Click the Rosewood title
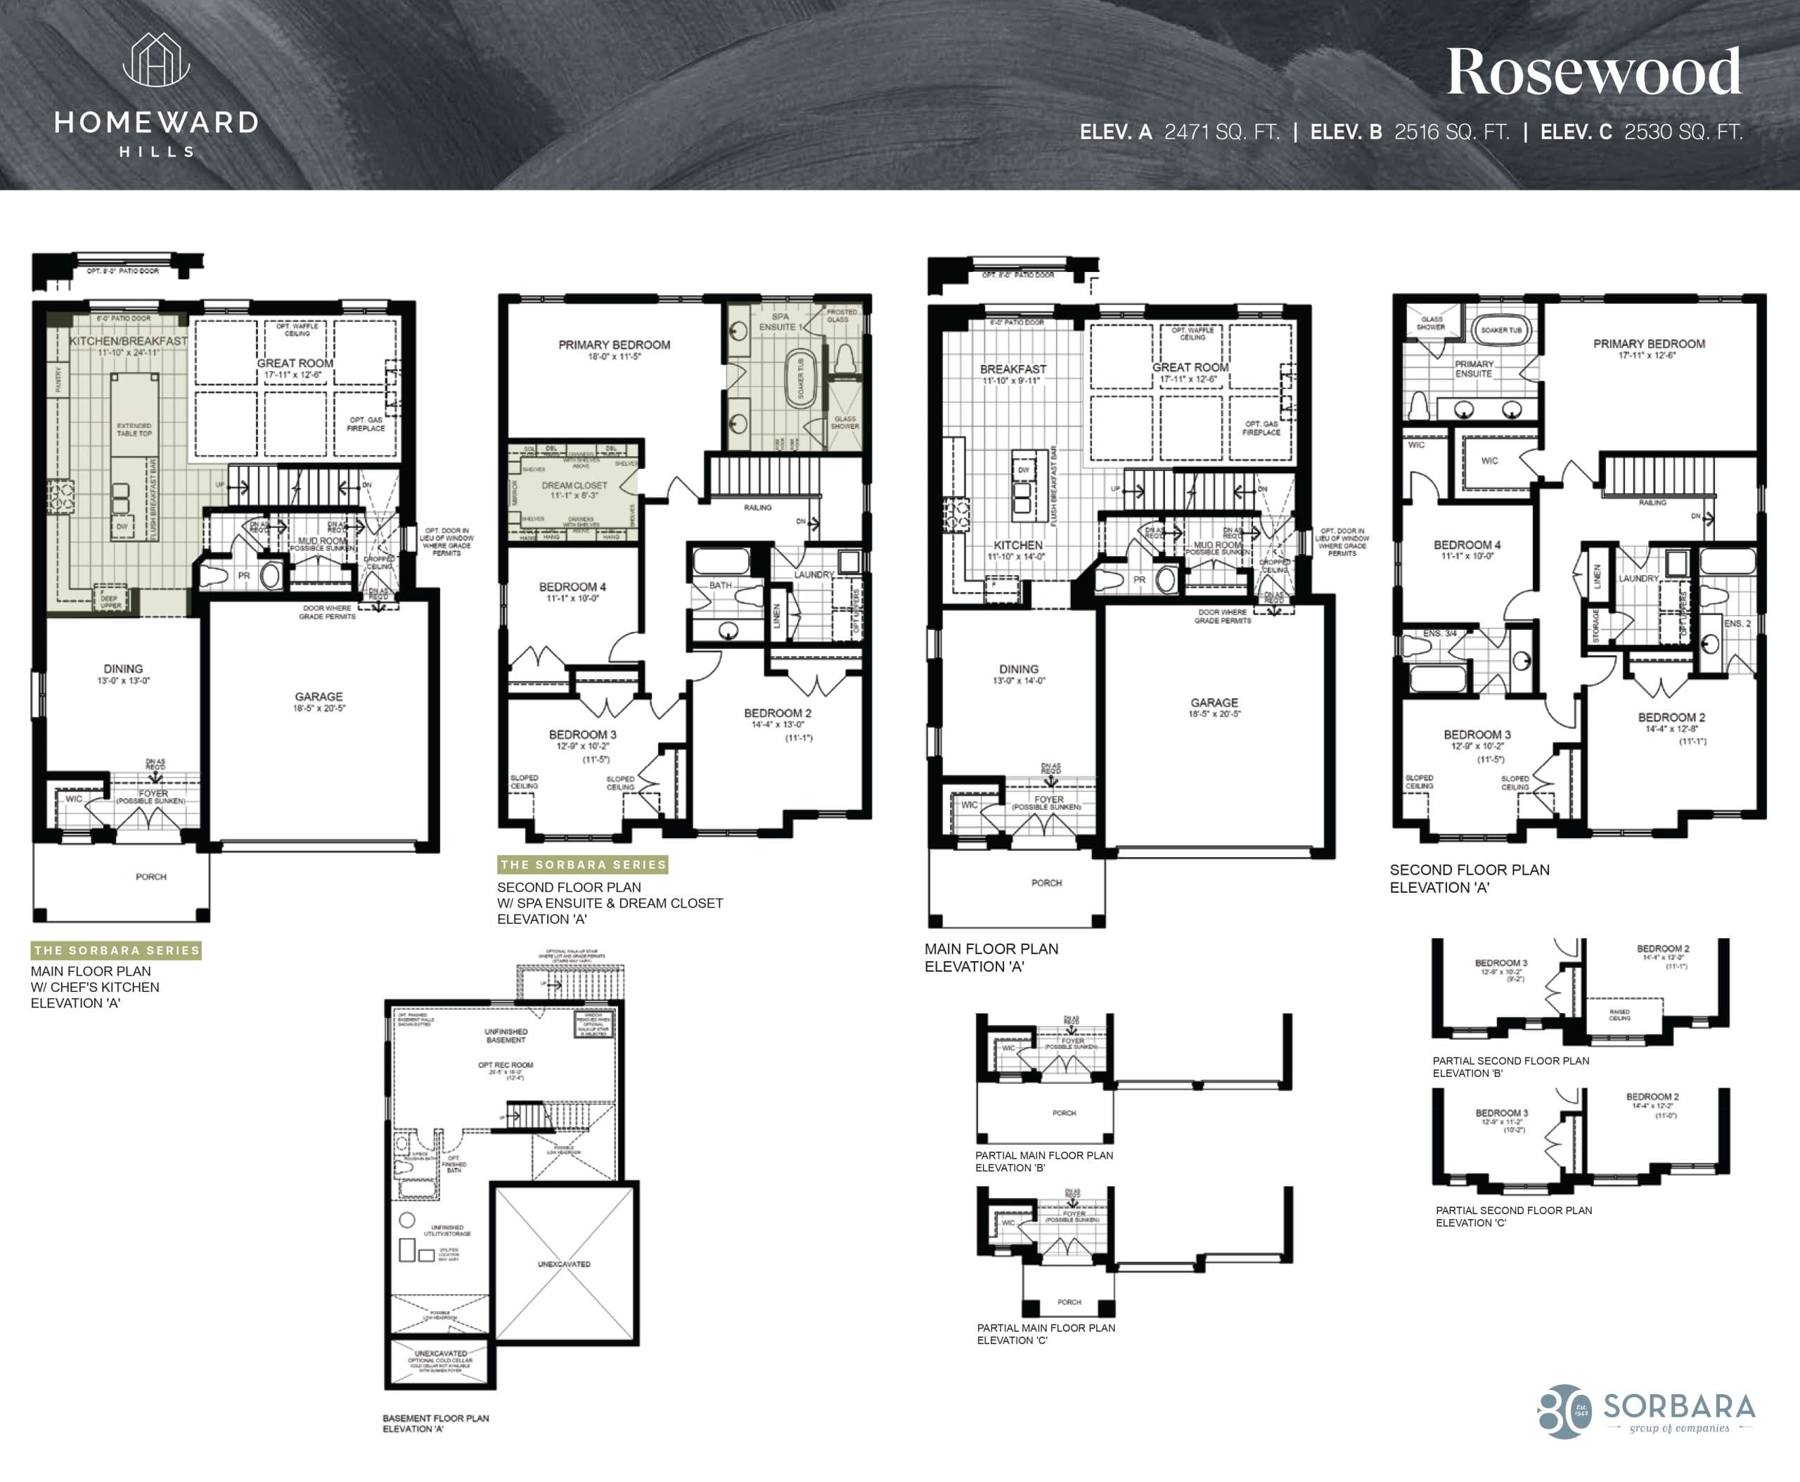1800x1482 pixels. [1593, 72]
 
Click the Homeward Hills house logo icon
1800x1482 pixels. [156, 60]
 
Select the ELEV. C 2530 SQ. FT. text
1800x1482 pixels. [1640, 132]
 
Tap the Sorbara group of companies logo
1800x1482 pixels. [1648, 1411]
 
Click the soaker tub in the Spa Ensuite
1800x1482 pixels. [800, 378]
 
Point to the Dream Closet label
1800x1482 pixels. [574, 489]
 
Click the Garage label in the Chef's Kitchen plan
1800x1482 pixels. [319, 701]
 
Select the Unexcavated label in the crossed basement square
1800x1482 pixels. [564, 1263]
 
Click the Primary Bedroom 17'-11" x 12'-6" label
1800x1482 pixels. [1648, 348]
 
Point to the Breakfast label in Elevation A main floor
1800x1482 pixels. [1012, 374]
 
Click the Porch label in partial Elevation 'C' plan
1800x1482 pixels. [1068, 1302]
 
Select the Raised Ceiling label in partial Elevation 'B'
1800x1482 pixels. [1619, 1014]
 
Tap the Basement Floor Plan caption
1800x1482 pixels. [435, 1423]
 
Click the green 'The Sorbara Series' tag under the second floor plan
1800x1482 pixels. [582, 865]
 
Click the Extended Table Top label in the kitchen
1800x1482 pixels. [134, 429]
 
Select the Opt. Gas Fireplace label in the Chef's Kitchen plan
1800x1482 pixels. [366, 423]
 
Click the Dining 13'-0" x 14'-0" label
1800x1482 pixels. [1018, 674]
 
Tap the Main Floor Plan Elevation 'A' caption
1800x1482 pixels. [991, 957]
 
